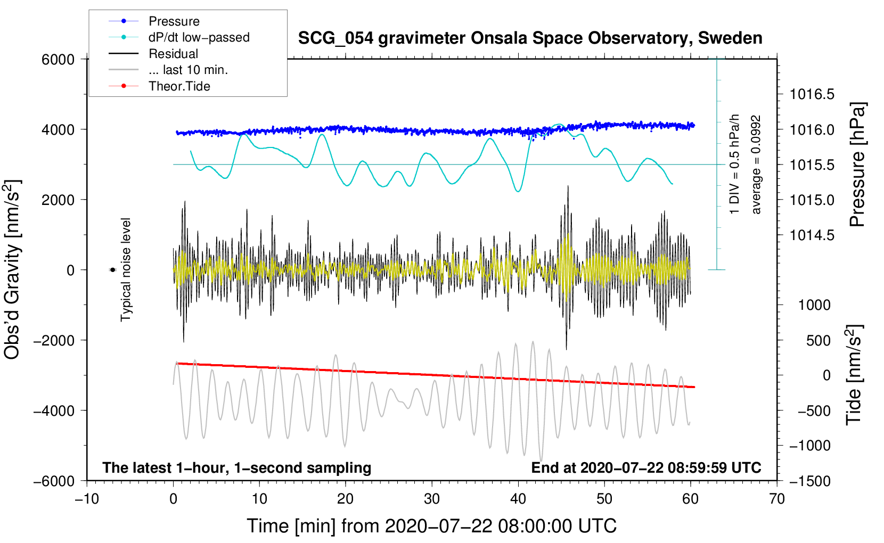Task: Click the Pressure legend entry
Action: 174,21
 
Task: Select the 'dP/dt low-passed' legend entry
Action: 199,37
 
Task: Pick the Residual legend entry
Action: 173,54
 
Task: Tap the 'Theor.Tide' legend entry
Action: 179,86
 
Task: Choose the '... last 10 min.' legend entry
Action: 188,70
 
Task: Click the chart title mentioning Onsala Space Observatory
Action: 530,38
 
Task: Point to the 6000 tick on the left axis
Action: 58,60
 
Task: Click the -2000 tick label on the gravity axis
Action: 54,340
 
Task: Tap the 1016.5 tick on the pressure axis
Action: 812,95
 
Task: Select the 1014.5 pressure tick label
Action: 812,235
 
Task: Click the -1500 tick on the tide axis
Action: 809,481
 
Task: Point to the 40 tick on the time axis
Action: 518,499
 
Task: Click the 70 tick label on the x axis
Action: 777,499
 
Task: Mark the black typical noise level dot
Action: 113,270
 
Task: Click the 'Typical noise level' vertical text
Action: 126,270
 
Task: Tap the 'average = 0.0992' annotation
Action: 756,165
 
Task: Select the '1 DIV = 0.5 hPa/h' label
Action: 735,164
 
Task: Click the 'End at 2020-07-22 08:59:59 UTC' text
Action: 646,468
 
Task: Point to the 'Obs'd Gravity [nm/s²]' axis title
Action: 12,270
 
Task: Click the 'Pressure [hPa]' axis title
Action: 857,165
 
